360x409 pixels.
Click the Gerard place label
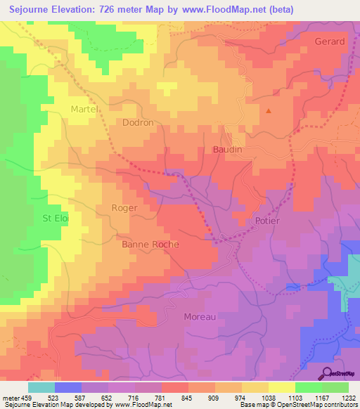[330, 41]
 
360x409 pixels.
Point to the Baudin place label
[227, 150]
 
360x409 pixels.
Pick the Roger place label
[124, 208]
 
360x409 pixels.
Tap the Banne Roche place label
[150, 245]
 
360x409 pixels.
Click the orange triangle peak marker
[268, 110]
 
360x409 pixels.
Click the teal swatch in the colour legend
[41, 387]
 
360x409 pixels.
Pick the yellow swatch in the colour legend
[281, 387]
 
